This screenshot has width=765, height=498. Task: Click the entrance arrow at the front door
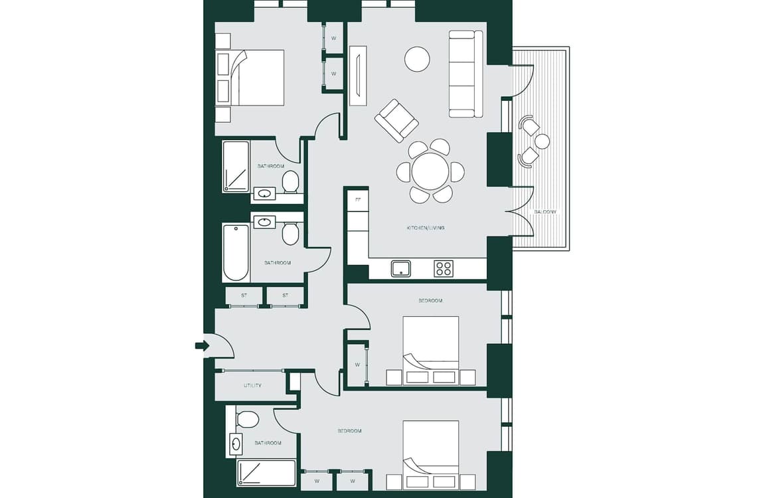pos(202,346)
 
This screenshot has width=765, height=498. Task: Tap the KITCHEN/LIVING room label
pos(426,228)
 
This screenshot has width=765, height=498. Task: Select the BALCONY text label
pos(545,212)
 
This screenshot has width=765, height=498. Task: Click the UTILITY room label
pos(252,385)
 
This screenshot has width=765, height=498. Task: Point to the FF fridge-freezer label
pos(358,199)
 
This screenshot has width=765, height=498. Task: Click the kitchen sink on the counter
pos(400,269)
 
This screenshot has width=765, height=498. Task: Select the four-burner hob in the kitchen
pos(444,269)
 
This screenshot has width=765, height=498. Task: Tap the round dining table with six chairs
pos(430,171)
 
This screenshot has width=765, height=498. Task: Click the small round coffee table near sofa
pos(417,59)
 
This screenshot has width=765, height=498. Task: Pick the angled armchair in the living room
pos(396,120)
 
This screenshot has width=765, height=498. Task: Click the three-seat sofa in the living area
pos(466,74)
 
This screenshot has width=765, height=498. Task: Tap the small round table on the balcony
pos(542,141)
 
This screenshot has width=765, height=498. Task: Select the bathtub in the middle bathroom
pos(236,253)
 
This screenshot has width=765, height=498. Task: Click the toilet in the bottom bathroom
pos(247,418)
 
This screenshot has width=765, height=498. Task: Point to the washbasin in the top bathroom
pos(265,194)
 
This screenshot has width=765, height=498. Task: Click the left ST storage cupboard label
pos(244,295)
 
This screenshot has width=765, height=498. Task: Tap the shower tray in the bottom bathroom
pos(266,473)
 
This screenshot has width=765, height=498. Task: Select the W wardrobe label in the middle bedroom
pos(358,365)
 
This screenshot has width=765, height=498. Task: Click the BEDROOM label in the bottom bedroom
pos(349,431)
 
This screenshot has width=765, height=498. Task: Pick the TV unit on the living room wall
pos(358,75)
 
